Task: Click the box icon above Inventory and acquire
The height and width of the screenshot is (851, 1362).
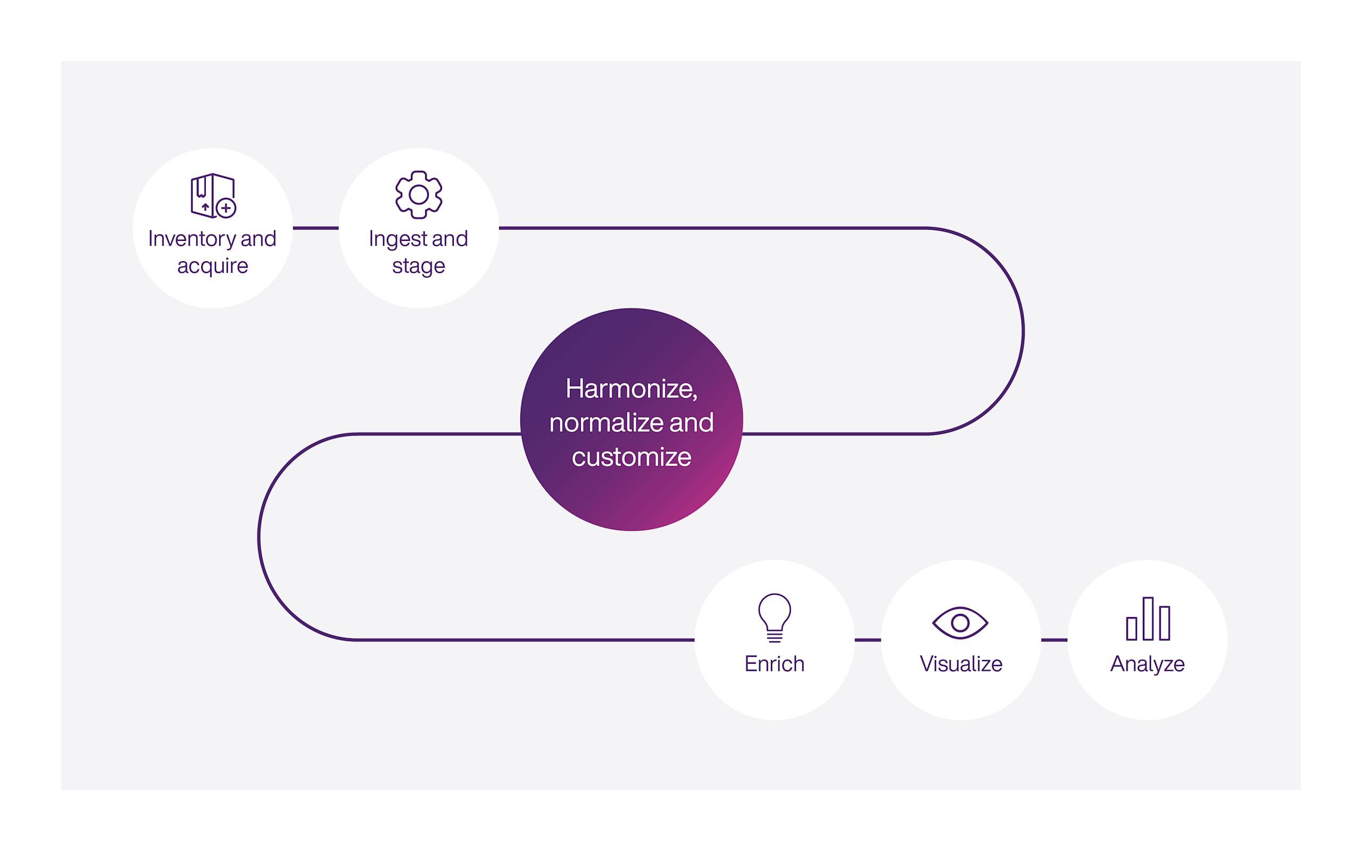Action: point(212,195)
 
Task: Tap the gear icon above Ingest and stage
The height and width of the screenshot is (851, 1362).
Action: point(418,195)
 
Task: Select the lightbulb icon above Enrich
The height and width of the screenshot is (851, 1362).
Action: point(775,617)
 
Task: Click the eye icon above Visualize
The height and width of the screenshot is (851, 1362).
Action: point(960,622)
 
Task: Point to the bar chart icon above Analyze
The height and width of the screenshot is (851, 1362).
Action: point(1148,619)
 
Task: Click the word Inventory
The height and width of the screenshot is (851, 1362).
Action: point(192,239)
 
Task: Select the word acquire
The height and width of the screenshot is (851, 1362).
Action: point(213,265)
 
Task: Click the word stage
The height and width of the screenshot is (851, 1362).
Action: point(418,265)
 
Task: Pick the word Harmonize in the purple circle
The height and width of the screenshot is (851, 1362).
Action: point(630,388)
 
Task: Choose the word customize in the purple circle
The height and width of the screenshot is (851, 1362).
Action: point(632,457)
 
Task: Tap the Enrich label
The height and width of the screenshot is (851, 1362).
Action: point(775,664)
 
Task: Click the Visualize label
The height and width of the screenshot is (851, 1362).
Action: point(961,664)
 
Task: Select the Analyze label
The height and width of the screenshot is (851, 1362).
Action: point(1147,664)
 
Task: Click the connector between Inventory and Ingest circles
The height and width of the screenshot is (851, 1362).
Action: point(315,228)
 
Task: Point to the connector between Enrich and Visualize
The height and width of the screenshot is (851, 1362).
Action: point(867,640)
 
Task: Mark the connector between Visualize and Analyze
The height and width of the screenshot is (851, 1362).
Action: point(1054,640)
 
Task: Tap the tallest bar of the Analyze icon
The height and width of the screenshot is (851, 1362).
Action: point(1148,619)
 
